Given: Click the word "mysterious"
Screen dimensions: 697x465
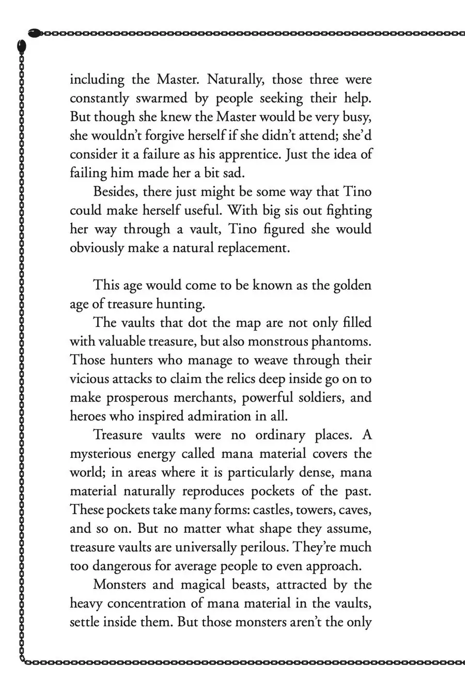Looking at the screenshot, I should [x=100, y=454].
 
